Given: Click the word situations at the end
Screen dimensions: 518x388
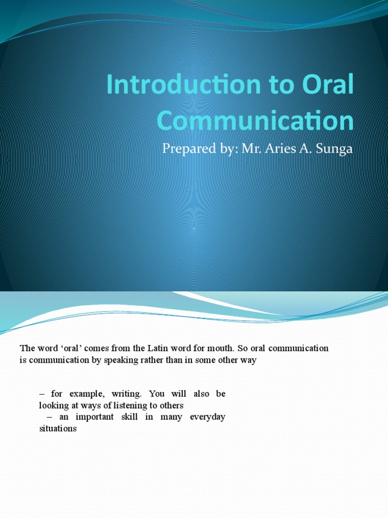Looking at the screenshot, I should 58,428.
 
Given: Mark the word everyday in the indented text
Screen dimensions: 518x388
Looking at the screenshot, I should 208,417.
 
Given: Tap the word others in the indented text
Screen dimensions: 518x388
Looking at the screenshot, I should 172,405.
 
